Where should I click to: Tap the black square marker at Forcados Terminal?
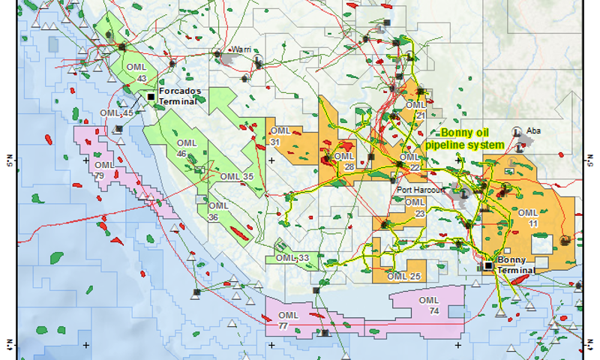[x=151, y=97]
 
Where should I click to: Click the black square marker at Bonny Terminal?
[x=488, y=265]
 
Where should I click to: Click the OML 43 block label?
[x=138, y=73]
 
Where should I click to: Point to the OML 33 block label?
[x=292, y=258]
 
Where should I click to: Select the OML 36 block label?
[x=218, y=211]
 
